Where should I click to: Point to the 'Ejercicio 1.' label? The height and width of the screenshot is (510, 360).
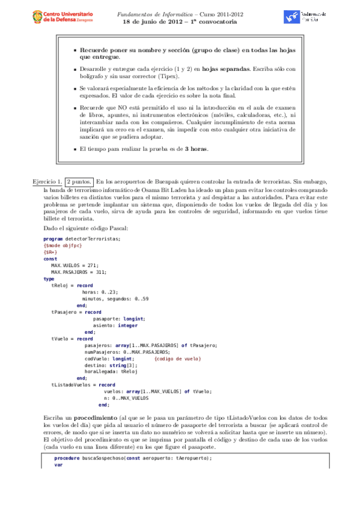pos(47,181)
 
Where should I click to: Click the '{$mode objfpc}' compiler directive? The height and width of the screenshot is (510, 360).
pos(63,245)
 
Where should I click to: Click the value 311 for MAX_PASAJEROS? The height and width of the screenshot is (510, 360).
pos(99,272)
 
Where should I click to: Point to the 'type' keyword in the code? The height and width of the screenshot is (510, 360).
pos(49,278)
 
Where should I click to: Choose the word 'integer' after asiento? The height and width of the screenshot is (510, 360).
pos(127,325)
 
